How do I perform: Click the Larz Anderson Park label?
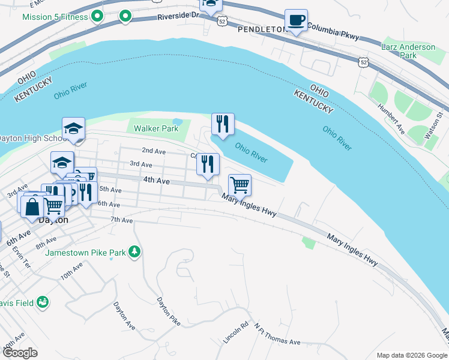(x=408, y=51)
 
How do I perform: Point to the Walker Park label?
(x=155, y=128)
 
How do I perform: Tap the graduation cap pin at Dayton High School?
(x=74, y=129)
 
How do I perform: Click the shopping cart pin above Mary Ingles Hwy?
(x=240, y=185)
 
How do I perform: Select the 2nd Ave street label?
(x=153, y=151)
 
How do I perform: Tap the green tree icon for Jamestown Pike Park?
(x=136, y=252)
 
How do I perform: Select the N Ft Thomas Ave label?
(x=277, y=335)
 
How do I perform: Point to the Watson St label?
(x=433, y=125)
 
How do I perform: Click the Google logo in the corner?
(x=20, y=353)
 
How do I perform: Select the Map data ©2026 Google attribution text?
(x=412, y=355)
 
